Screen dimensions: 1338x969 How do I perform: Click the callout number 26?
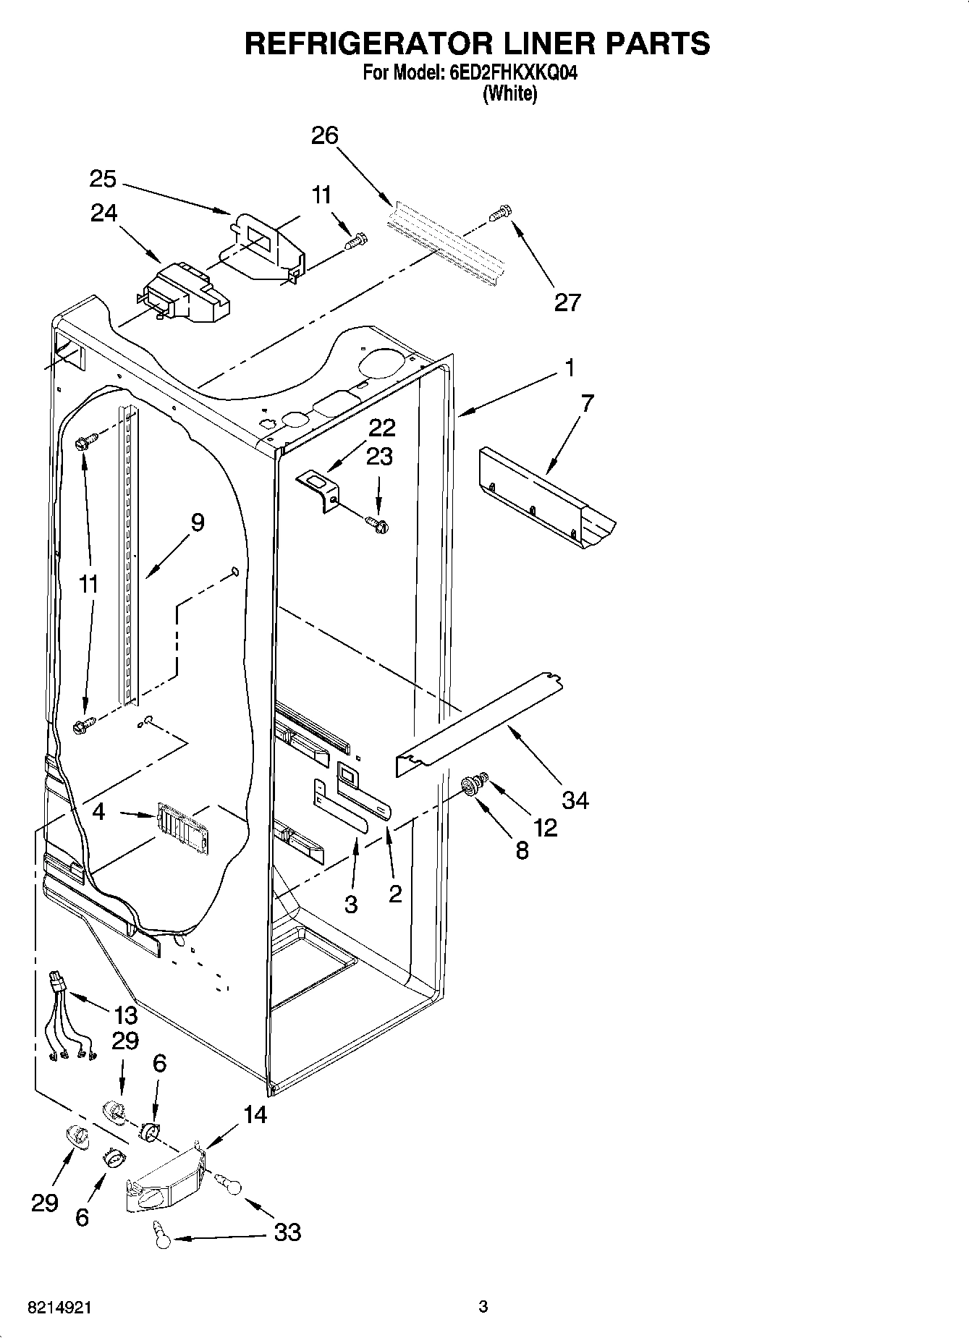(x=325, y=135)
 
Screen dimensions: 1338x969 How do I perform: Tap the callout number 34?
(x=575, y=800)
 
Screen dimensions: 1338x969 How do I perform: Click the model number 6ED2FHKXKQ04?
(x=509, y=74)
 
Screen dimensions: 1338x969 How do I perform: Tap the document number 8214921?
(x=59, y=1307)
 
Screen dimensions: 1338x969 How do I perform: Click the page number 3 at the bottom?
(x=483, y=1306)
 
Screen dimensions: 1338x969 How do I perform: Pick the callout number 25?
(x=103, y=179)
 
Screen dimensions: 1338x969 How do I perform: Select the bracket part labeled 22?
(x=320, y=488)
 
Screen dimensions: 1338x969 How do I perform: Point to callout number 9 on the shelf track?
(x=197, y=522)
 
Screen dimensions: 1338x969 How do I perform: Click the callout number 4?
(x=98, y=811)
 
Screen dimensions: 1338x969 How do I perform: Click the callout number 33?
(x=288, y=1232)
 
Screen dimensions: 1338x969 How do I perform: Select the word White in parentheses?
(x=509, y=93)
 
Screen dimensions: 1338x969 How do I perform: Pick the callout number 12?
(x=546, y=827)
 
